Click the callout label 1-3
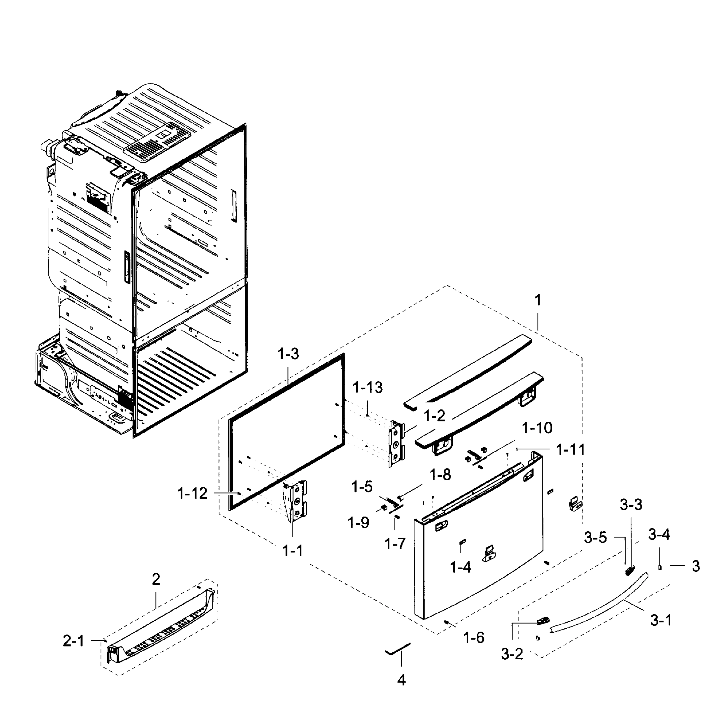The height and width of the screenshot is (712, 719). [288, 354]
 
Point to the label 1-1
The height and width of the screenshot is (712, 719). [293, 551]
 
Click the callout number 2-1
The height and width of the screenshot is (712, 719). [73, 641]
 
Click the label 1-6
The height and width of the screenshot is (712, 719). [474, 638]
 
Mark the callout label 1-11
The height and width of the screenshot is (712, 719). [570, 450]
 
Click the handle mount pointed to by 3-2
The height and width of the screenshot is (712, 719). [543, 620]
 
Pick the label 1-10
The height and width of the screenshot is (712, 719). [537, 428]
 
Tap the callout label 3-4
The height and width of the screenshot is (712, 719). [659, 535]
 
